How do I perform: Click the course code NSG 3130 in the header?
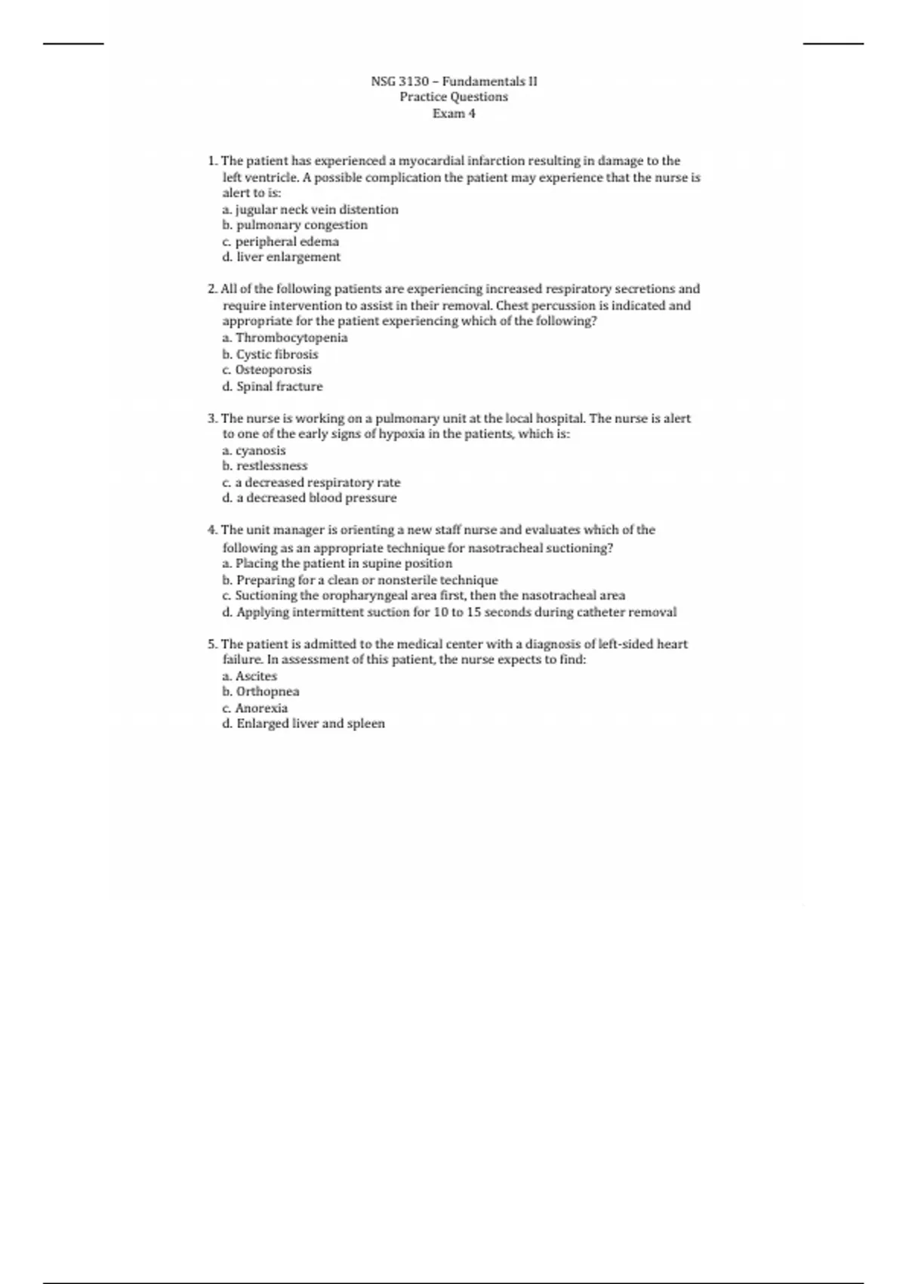[x=399, y=81]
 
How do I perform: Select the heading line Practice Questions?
[x=454, y=97]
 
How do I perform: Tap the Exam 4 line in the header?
[x=454, y=113]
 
